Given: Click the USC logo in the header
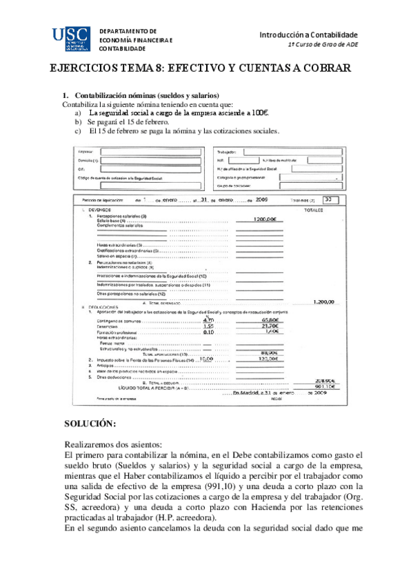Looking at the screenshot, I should click(x=71, y=39).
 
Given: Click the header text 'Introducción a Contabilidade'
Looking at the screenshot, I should click(x=308, y=34).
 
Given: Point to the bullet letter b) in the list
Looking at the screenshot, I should click(x=79, y=122).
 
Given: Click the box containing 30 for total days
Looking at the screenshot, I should click(x=331, y=200).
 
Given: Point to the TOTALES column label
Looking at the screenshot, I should click(x=314, y=209).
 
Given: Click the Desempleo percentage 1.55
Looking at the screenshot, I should click(x=209, y=326).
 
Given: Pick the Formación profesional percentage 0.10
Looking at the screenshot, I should click(x=208, y=332).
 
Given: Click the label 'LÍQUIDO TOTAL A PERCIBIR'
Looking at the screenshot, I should click(x=151, y=387).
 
